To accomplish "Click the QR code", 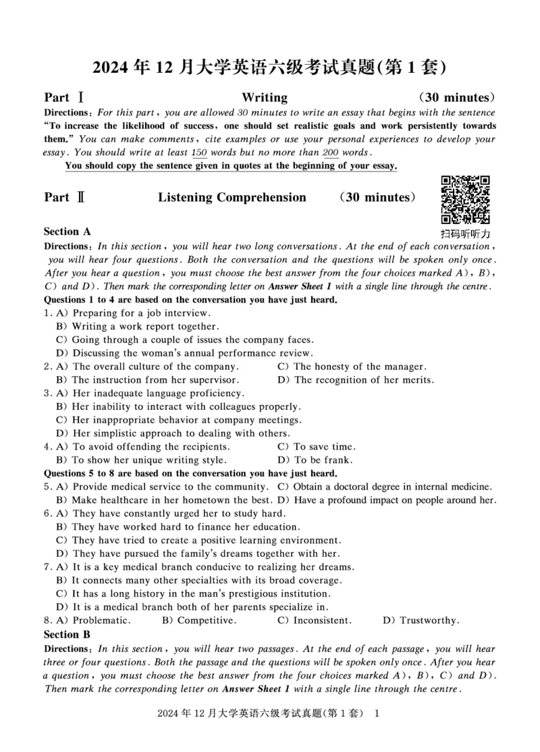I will (465, 200).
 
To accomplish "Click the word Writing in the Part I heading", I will (265, 97).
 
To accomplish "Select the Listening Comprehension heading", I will (232, 198).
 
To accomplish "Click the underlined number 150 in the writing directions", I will (199, 153).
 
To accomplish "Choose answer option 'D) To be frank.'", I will (315, 460).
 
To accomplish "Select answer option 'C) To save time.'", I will (317, 447).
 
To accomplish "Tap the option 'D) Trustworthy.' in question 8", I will (421, 620).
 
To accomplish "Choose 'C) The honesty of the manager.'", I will (352, 367).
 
